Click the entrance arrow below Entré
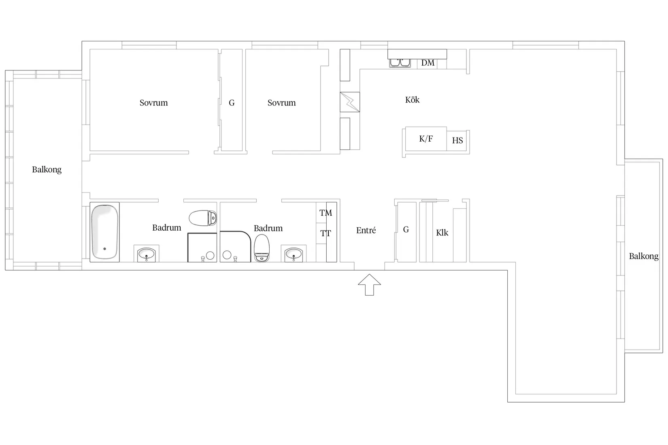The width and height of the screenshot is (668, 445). [370, 285]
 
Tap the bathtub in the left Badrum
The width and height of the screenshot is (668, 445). [105, 232]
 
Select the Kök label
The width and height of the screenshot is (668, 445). [412, 100]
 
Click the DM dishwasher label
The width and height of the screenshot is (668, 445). [428, 63]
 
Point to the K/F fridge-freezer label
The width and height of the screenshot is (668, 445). [426, 139]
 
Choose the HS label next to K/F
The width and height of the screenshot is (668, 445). [457, 140]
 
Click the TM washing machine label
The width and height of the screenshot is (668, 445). [325, 213]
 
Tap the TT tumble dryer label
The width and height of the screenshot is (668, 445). [325, 233]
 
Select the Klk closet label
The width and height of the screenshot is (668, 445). [442, 233]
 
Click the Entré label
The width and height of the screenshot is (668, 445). [366, 230]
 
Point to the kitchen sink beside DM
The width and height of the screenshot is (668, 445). [400, 63]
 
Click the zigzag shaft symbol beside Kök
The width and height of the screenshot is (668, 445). [350, 102]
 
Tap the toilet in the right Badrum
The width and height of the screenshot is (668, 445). [262, 248]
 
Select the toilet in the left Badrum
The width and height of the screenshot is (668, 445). [203, 218]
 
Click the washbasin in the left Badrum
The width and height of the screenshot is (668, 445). [146, 254]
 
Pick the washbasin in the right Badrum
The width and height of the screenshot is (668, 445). [294, 254]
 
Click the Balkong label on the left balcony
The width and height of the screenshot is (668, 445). [47, 170]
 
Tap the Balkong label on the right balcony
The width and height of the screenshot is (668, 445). [644, 256]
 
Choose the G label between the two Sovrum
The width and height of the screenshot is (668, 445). [232, 103]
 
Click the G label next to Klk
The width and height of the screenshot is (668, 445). [406, 229]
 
